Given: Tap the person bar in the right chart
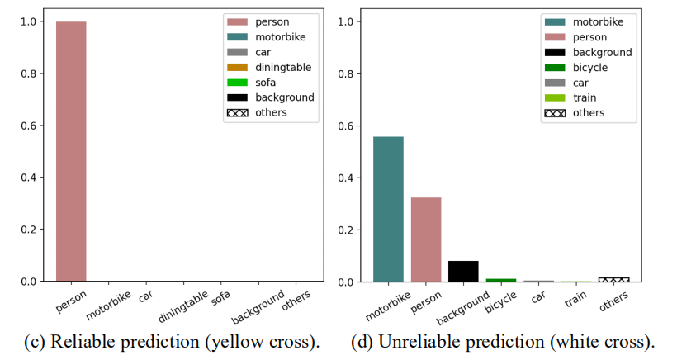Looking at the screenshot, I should point(426,239).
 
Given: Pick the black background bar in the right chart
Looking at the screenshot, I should point(463,272).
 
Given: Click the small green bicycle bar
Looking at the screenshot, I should point(500,280).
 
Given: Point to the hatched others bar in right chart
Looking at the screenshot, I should point(613,279).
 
